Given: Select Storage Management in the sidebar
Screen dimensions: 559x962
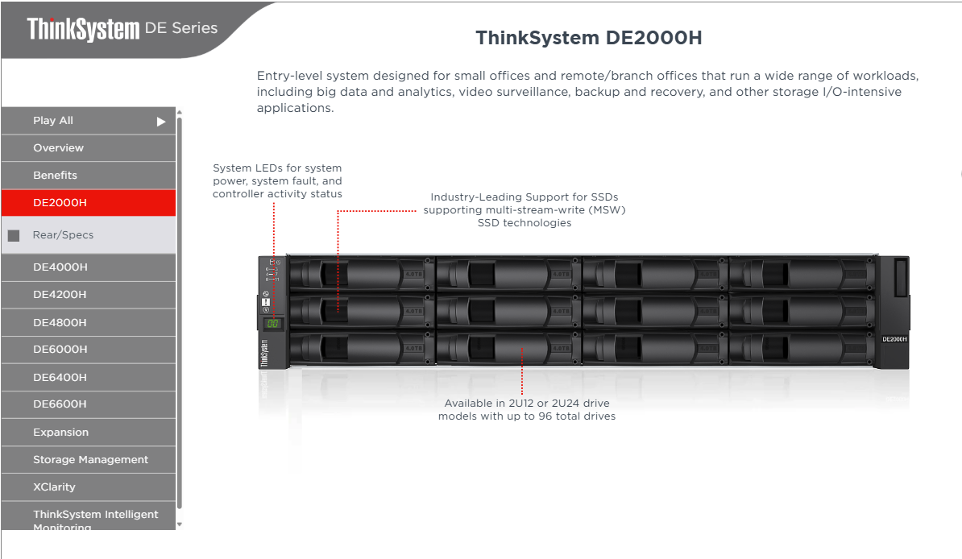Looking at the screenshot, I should pyautogui.click(x=90, y=460).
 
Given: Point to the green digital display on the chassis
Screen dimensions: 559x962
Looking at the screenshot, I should pyautogui.click(x=273, y=323).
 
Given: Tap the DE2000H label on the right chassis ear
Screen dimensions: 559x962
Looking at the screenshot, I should pyautogui.click(x=894, y=339).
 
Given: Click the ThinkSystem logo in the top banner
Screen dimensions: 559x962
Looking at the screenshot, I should pyautogui.click(x=83, y=29).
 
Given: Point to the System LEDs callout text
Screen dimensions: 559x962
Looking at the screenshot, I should pyautogui.click(x=277, y=181).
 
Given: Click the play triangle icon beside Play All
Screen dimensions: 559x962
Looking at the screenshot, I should pyautogui.click(x=161, y=122).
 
